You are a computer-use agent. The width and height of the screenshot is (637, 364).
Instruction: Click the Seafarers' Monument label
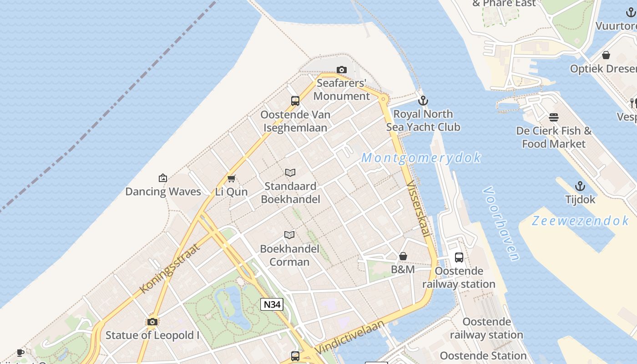[x=341, y=90]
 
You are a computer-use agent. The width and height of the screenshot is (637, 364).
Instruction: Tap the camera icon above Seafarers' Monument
[x=341, y=70]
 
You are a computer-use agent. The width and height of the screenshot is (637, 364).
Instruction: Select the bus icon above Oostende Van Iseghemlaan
[x=295, y=101]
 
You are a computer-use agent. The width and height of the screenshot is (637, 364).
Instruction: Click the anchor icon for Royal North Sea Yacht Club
[x=423, y=100]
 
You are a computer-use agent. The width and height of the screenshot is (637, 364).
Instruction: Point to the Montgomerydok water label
[x=421, y=158]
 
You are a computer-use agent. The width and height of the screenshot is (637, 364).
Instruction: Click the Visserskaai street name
[x=418, y=208]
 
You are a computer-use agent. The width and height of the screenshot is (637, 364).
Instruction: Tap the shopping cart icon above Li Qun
[x=232, y=178]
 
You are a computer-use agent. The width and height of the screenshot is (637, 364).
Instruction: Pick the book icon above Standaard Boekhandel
[x=290, y=172]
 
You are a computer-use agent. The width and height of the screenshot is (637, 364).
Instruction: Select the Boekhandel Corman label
[x=289, y=255]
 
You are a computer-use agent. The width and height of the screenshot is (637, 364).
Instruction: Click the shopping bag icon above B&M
[x=403, y=257]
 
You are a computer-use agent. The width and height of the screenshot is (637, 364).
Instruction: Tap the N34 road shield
[x=272, y=304]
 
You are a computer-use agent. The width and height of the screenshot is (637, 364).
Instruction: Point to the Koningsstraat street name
[x=169, y=268]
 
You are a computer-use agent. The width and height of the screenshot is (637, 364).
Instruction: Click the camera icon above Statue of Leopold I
[x=152, y=322]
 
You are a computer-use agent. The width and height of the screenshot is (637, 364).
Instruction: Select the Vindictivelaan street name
[x=349, y=337]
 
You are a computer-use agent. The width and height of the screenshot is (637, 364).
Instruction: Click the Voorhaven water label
[x=501, y=223]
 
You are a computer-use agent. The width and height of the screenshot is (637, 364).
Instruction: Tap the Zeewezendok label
[x=580, y=221]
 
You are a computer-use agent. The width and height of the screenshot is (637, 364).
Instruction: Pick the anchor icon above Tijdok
[x=580, y=186]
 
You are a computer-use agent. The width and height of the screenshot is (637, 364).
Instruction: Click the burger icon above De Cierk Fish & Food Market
[x=554, y=117]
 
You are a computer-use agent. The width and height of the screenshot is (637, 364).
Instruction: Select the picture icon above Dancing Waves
[x=163, y=178]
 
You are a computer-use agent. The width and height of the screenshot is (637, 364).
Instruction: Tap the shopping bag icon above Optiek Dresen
[x=606, y=56]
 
